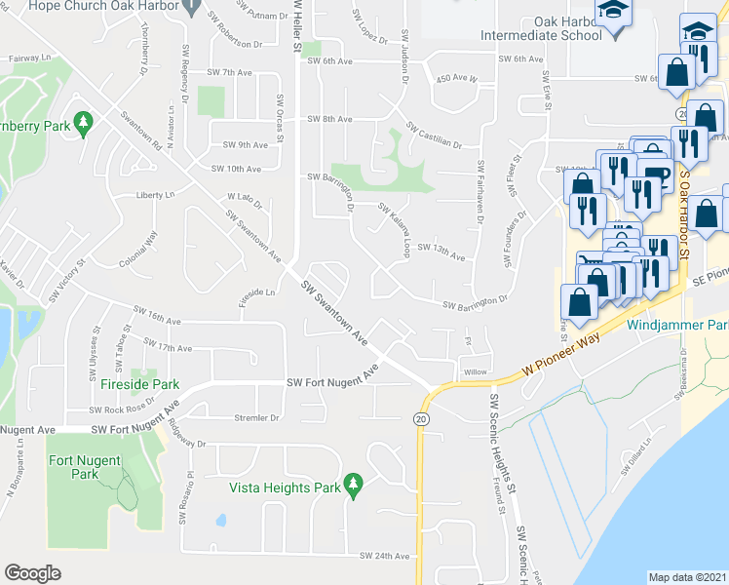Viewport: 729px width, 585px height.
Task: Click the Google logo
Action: click(32, 573)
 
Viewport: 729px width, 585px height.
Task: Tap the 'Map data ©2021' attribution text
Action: click(688, 577)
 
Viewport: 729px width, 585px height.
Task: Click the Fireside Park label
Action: click(135, 384)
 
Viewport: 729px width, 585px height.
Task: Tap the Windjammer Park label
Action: click(676, 324)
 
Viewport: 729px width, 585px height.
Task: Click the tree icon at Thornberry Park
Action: click(85, 122)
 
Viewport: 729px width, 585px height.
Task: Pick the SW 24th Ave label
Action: click(384, 556)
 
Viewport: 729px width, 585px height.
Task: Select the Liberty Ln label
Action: click(154, 194)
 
